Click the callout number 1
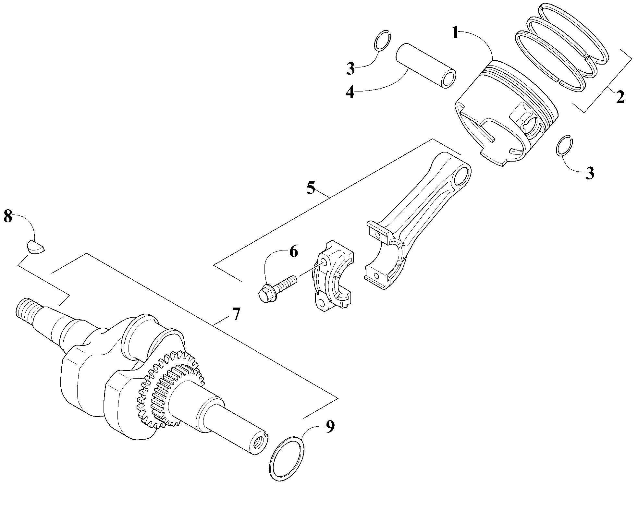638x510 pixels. click(456, 33)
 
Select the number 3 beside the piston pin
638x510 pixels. click(350, 69)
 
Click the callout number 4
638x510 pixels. click(350, 92)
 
